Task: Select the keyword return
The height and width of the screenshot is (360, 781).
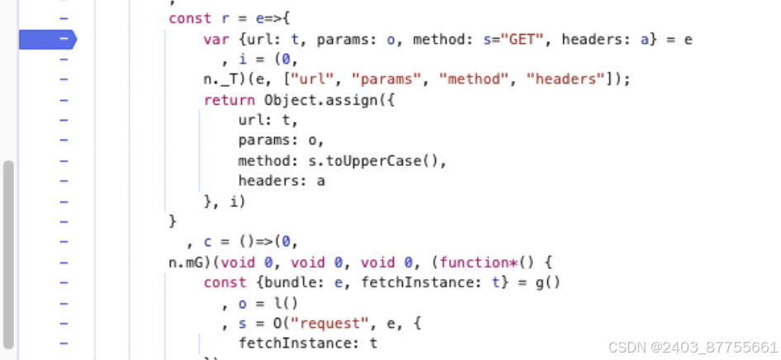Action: click(x=230, y=99)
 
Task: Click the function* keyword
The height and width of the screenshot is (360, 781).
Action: click(x=474, y=262)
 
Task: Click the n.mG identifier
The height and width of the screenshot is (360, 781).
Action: click(x=186, y=262)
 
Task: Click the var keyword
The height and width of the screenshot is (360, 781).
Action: click(x=215, y=39)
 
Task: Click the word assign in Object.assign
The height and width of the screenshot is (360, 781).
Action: click(x=349, y=99)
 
